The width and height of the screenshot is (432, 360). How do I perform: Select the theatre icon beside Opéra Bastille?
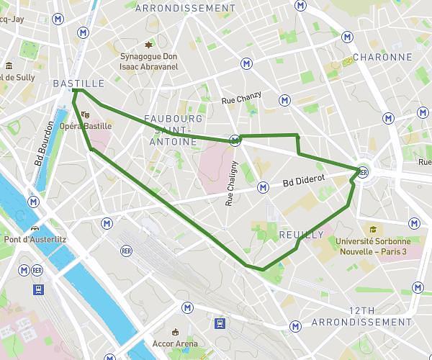point(85,114)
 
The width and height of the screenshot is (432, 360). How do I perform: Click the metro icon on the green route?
point(235,140)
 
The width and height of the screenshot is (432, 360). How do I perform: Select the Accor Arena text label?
point(175,343)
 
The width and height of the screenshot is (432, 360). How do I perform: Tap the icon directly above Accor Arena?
point(175,331)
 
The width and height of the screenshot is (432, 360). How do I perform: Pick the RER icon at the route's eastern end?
point(363,172)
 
